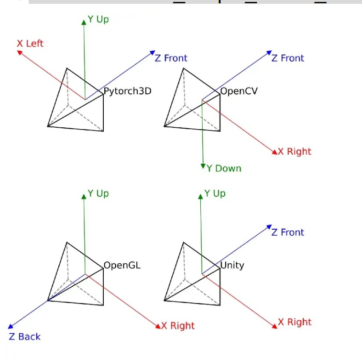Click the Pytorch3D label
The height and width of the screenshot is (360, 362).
(x=127, y=90)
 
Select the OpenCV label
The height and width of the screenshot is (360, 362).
(x=239, y=90)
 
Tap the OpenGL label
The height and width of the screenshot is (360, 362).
(x=122, y=265)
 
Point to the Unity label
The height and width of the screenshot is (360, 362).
(x=232, y=265)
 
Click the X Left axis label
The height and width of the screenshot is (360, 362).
(x=30, y=44)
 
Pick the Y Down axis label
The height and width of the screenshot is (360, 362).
(x=224, y=168)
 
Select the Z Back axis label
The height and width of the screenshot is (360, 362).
(x=25, y=337)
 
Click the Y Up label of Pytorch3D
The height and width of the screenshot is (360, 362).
(x=98, y=20)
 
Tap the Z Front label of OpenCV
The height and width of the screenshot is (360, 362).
(x=288, y=58)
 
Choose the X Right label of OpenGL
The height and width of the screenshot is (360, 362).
(x=178, y=326)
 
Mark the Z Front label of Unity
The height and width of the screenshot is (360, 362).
(x=288, y=232)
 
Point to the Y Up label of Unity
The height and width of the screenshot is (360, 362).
(x=215, y=193)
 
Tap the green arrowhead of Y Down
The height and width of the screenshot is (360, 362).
(x=204, y=166)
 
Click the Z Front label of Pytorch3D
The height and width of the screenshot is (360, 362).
(x=171, y=58)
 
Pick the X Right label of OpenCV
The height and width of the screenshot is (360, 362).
(x=295, y=151)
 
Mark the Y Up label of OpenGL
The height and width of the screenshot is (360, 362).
(x=98, y=193)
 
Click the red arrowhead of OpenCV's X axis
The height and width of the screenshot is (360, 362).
(x=275, y=152)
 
